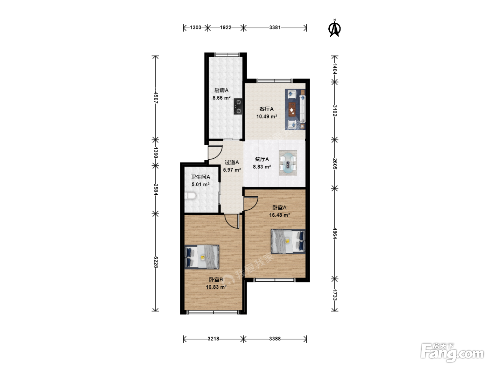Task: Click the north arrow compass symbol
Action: [x=334, y=28]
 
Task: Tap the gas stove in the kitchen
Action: [x=238, y=106]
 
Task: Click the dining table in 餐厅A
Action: [x=288, y=163]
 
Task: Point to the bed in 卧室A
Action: [x=288, y=241]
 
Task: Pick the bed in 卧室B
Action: [x=202, y=257]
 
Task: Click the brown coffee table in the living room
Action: [x=292, y=109]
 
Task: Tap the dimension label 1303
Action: [x=196, y=27]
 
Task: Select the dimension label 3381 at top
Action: [x=275, y=27]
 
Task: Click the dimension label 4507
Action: [x=156, y=98]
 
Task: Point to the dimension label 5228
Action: [x=156, y=262]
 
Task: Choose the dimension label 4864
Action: [x=334, y=233]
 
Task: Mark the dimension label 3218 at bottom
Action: [x=213, y=339]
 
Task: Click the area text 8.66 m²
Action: [x=222, y=98]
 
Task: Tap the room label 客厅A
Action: [x=266, y=109]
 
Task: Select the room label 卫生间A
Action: [x=201, y=177]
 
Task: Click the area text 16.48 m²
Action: [x=280, y=215]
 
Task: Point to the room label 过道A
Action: [x=232, y=162]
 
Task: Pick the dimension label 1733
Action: [x=334, y=295]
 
